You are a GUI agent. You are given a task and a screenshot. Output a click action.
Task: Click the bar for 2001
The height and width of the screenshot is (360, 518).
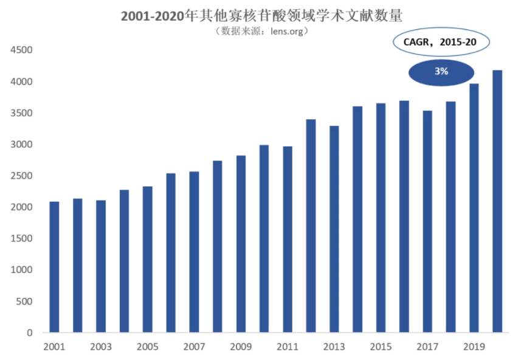pyautogui.click(x=54, y=267)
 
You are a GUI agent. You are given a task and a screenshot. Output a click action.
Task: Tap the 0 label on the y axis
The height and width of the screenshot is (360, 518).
pyautogui.click(x=29, y=333)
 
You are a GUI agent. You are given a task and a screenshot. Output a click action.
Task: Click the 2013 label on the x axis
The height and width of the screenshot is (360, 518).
pyautogui.click(x=334, y=347)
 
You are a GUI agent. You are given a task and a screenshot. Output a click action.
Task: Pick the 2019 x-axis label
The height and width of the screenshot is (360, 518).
pyautogui.click(x=474, y=347)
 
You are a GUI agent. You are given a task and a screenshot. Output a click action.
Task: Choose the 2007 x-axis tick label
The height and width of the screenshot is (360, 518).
pyautogui.click(x=194, y=347)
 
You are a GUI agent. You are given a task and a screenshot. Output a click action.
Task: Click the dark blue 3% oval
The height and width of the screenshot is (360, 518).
pyautogui.click(x=441, y=72)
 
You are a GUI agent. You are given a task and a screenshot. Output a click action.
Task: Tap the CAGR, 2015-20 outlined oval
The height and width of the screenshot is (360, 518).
pyautogui.click(x=440, y=42)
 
